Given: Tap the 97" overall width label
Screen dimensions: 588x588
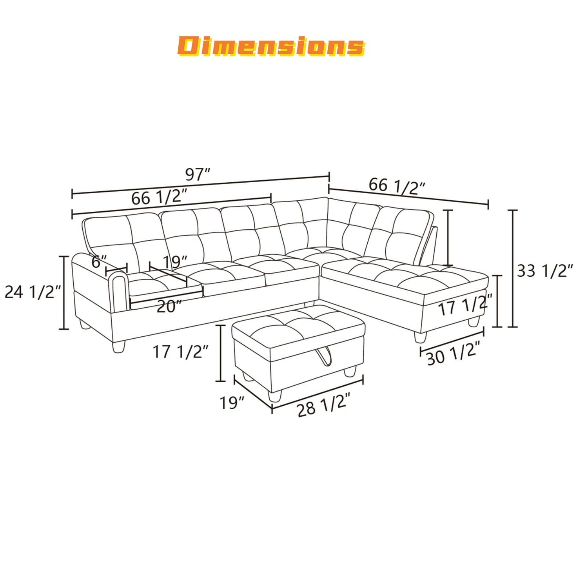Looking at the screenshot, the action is tap(198, 174).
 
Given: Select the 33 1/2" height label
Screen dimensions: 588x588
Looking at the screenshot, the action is tap(545, 270).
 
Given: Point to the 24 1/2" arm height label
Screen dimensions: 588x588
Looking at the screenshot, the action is tap(33, 292).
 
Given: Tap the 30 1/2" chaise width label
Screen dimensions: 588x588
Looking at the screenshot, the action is tap(453, 353).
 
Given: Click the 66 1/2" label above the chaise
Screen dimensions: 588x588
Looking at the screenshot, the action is tap(397, 186).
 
